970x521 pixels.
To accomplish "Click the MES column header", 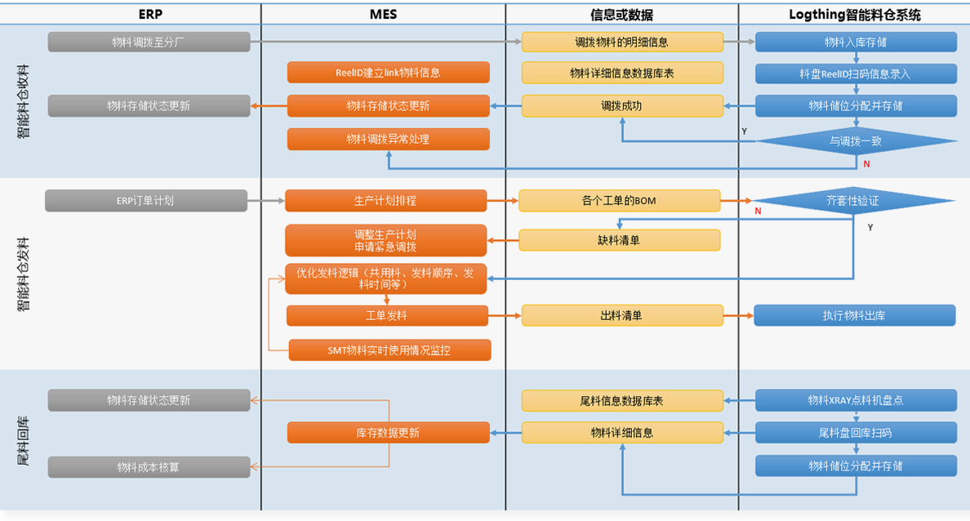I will tap(383, 14).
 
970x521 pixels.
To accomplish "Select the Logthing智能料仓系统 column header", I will tap(855, 14).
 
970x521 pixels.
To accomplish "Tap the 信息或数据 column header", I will tap(621, 14).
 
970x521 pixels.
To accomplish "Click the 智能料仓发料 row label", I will tap(23, 274).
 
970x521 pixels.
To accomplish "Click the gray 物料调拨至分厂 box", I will tap(149, 42).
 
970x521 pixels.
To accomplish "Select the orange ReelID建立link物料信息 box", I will tap(388, 73).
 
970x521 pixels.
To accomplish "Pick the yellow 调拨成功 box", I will tap(622, 105).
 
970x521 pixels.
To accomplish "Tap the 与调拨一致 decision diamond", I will tap(855, 140).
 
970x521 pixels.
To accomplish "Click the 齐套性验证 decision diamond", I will tap(853, 200).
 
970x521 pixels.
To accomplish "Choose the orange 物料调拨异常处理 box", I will tap(388, 139).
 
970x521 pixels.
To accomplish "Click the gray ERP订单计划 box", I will tap(146, 200).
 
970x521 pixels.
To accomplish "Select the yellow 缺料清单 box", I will tap(619, 240).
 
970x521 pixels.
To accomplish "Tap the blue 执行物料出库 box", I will tap(854, 315).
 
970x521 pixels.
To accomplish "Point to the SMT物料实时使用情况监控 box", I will tap(389, 350).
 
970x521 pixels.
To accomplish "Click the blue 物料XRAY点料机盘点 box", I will tap(856, 400).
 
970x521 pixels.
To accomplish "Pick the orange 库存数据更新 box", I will tap(388, 433).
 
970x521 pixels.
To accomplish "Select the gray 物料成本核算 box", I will tap(149, 467).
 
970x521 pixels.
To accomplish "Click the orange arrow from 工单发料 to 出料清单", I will tap(505, 315).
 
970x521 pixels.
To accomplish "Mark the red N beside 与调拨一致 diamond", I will tap(866, 164).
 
